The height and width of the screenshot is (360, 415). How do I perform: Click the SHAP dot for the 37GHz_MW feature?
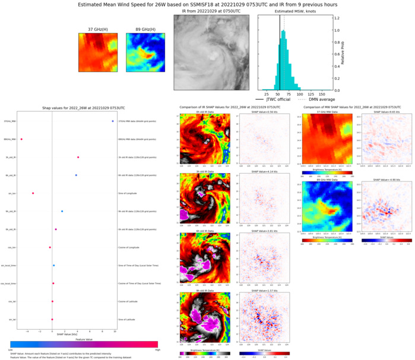coord(112,121)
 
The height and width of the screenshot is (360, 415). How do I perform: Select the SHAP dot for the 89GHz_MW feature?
coord(21,139)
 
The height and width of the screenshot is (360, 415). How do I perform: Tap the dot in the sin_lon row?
coord(33,193)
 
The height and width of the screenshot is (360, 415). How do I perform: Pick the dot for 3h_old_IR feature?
coord(78,157)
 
